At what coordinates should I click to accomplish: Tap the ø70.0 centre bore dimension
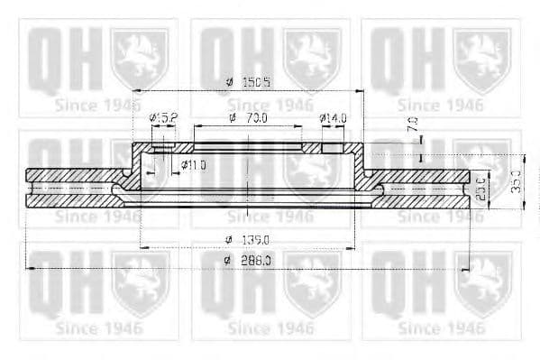coord(249,118)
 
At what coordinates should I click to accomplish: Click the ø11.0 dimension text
coord(194,164)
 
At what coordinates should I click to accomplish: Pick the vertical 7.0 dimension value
coord(413,125)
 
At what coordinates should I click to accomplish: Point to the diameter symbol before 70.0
coord(232,118)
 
